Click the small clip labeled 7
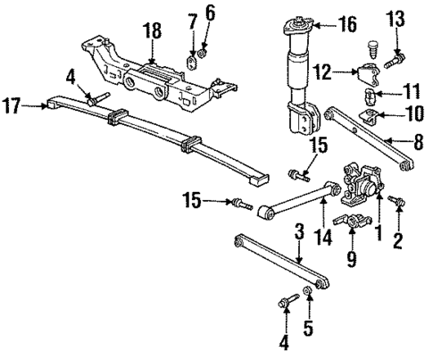pos(190,63)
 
